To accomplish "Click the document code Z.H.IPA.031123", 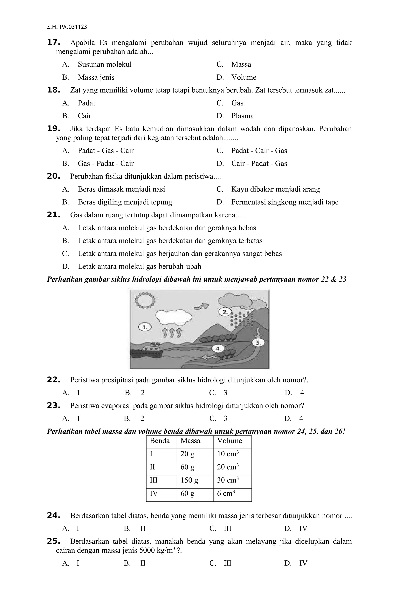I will [x=67, y=27].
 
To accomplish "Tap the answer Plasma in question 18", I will [x=242, y=116].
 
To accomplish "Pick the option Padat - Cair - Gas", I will [x=259, y=151].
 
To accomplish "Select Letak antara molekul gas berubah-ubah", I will [x=139, y=267].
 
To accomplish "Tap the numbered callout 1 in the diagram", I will [x=145, y=327].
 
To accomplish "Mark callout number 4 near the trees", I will [x=218, y=348].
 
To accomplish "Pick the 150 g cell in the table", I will [x=189, y=480].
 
